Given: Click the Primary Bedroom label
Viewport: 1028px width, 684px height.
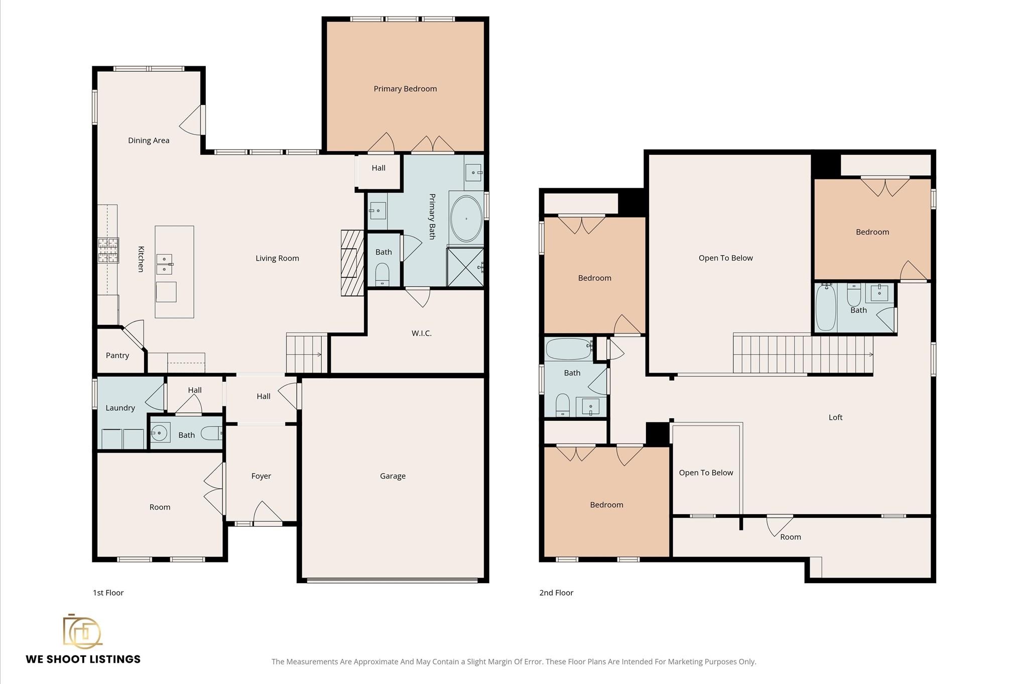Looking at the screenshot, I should [x=405, y=89].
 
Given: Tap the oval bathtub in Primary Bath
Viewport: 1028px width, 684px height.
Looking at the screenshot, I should [x=466, y=219].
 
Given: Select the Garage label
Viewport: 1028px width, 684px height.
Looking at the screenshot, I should [x=393, y=476].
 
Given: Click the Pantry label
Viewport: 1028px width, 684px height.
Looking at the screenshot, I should [x=117, y=356].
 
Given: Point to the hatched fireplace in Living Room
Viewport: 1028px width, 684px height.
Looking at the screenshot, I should [x=352, y=263].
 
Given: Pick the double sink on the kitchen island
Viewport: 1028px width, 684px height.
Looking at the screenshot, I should [x=164, y=264].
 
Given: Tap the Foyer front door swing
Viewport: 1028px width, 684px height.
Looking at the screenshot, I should [x=267, y=513].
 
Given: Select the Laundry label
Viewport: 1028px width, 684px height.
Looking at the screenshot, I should [x=120, y=408].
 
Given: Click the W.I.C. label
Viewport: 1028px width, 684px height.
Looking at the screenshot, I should [x=421, y=333].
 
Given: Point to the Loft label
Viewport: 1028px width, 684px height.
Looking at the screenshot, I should [x=835, y=417].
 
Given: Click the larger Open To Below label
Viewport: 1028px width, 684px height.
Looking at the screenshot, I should [x=725, y=258].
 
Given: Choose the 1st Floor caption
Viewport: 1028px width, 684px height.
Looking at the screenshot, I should [x=108, y=593].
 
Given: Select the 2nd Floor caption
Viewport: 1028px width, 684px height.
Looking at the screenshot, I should [x=556, y=593].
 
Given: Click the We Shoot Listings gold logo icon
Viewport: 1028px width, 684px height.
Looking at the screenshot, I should [x=82, y=632].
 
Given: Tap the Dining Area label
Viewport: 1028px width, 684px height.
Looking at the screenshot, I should [x=149, y=141].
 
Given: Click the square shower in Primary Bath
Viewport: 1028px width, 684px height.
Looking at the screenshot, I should [x=465, y=267].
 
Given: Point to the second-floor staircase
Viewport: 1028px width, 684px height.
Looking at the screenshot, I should [x=802, y=355].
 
